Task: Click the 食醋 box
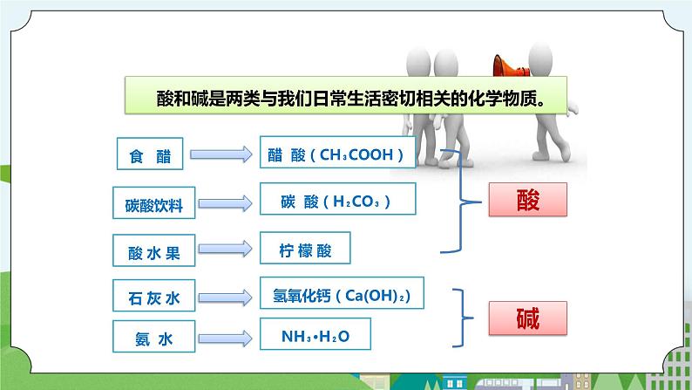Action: [150, 157]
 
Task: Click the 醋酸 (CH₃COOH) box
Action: [337, 155]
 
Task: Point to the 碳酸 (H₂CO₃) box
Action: [337, 202]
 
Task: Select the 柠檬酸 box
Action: [305, 249]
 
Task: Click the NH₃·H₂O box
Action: [314, 335]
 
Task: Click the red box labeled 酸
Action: [527, 201]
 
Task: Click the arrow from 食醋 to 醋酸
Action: [223, 156]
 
